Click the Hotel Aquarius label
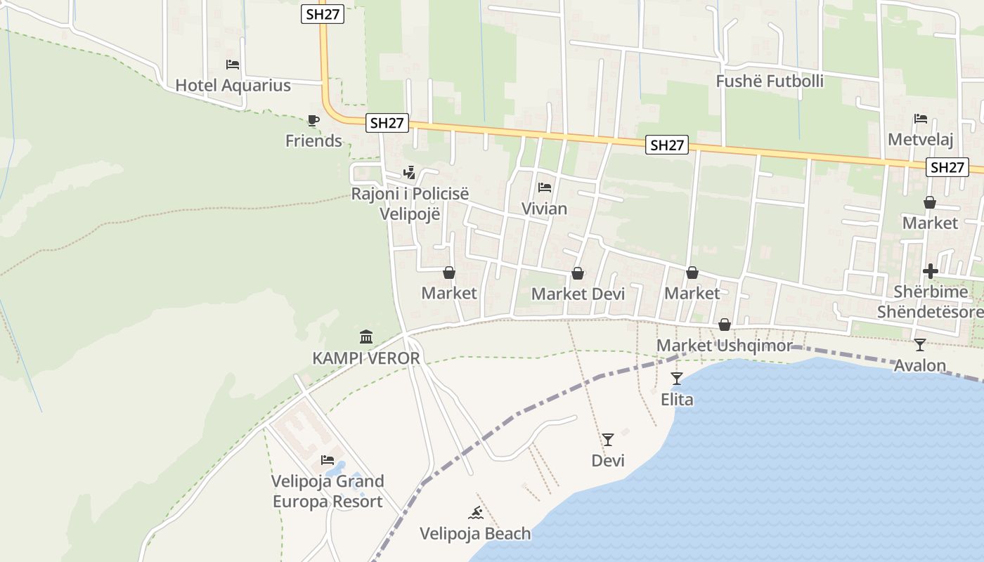pyautogui.click(x=233, y=86)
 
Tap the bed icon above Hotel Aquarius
pyautogui.click(x=233, y=65)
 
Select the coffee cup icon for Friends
pyautogui.click(x=313, y=121)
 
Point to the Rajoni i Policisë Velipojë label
pyautogui.click(x=410, y=204)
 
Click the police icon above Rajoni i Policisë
pyautogui.click(x=409, y=172)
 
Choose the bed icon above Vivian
pyautogui.click(x=544, y=188)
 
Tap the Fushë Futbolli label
pyautogui.click(x=770, y=81)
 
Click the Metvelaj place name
pyautogui.click(x=920, y=140)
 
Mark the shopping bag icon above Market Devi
pyautogui.click(x=578, y=273)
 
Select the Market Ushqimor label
pyautogui.click(x=724, y=346)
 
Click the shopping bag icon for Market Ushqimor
pyautogui.click(x=725, y=325)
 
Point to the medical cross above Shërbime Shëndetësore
pyautogui.click(x=931, y=271)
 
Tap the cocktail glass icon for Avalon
pyautogui.click(x=919, y=345)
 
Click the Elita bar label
pyautogui.click(x=677, y=400)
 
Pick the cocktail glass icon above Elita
pyautogui.click(x=676, y=379)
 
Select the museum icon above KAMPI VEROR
pyautogui.click(x=365, y=337)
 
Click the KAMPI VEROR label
pyautogui.click(x=365, y=358)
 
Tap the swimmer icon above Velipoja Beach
pyautogui.click(x=476, y=513)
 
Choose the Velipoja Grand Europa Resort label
pyautogui.click(x=328, y=492)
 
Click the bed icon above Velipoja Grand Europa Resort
pyautogui.click(x=328, y=460)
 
